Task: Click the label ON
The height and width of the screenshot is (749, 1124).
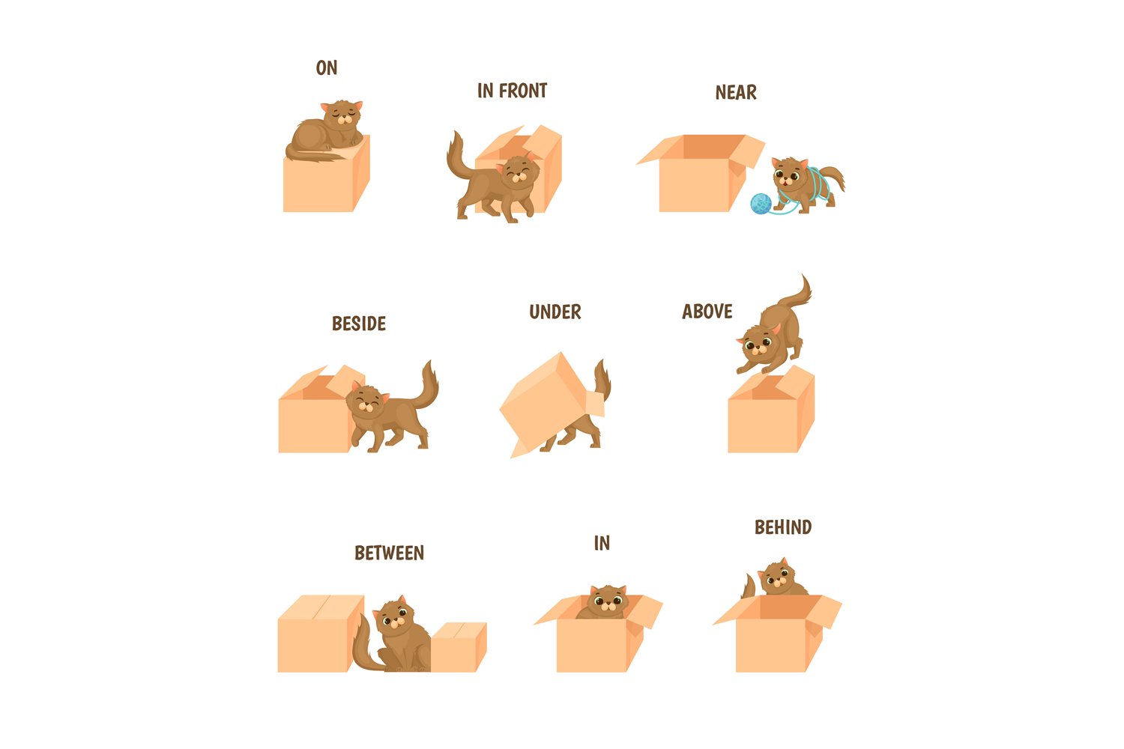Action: [x=327, y=68]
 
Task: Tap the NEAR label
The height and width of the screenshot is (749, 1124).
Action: [x=736, y=93]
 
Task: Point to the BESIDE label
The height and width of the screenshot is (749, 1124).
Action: [x=359, y=324]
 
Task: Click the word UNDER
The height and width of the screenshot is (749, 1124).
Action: [x=555, y=312]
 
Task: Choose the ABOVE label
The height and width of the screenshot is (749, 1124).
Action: [x=707, y=312]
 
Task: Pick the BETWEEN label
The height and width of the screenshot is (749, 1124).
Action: [x=389, y=554]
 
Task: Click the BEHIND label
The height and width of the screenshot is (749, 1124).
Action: [x=783, y=528]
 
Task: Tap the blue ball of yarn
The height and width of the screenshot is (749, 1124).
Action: [x=761, y=203]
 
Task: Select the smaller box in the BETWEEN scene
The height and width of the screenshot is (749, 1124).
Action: [x=459, y=647]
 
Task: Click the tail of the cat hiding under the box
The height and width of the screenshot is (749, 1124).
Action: [x=602, y=381]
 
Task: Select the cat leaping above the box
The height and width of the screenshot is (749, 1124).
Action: [x=772, y=330]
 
